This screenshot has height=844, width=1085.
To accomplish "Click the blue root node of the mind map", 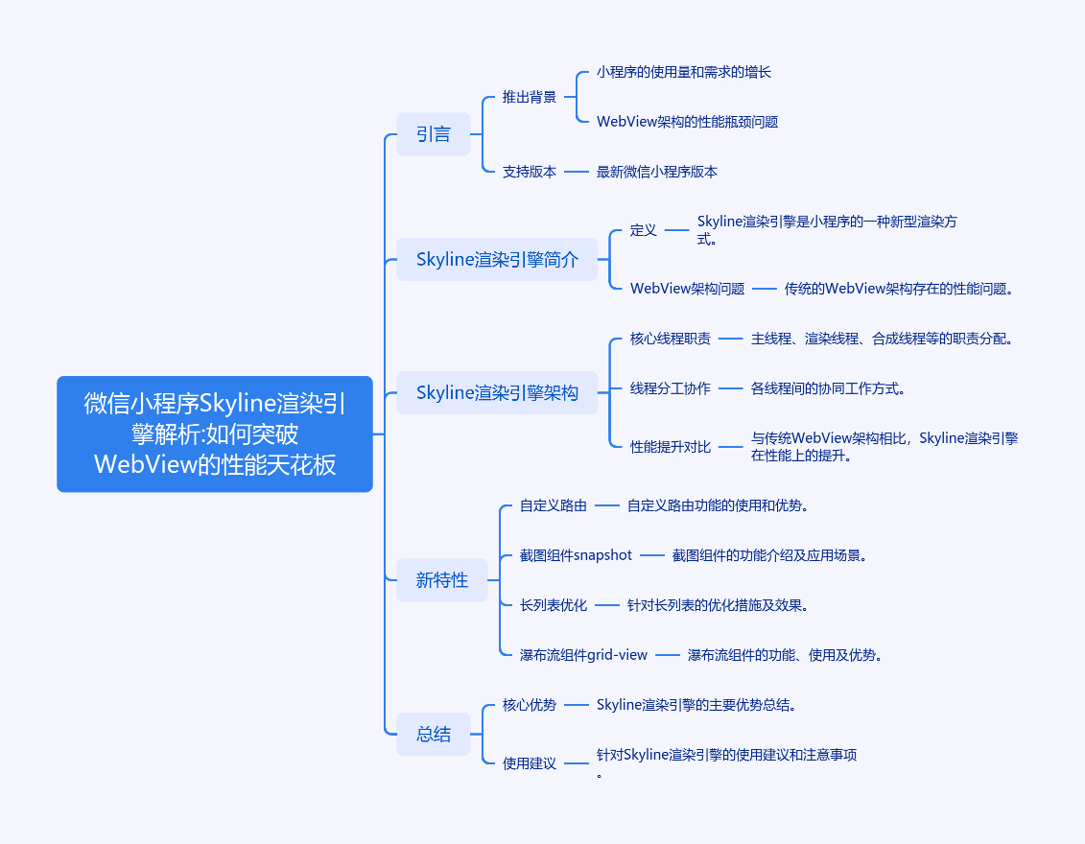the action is click(215, 434).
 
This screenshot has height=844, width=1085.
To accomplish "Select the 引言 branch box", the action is click(434, 134).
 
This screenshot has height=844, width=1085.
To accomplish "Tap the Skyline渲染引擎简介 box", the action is click(497, 259).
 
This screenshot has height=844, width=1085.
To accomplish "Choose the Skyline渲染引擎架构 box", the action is click(497, 392).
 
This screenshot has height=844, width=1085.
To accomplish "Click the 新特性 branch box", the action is click(442, 579).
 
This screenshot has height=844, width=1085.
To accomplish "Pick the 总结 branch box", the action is click(434, 734).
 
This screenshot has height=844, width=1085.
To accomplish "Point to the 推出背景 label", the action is click(530, 97).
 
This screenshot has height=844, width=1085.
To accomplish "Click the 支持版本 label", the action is click(530, 172).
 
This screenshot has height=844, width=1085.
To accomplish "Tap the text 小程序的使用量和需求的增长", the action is click(684, 72).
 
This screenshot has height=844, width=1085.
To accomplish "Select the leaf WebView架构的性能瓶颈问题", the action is click(687, 122).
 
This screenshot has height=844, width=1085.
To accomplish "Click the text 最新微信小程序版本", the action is click(657, 172).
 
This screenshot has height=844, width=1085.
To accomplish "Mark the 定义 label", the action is click(644, 229).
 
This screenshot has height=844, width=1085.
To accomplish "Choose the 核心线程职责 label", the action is click(671, 339).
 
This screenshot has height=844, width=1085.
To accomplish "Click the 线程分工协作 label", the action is click(671, 388).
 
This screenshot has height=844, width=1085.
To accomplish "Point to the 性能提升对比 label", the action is click(671, 447).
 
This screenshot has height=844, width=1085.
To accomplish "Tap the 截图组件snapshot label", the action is click(576, 554).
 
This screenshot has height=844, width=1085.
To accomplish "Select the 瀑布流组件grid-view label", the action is click(583, 654).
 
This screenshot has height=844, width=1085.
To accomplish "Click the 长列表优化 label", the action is click(554, 604).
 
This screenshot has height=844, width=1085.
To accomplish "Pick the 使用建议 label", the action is click(530, 763).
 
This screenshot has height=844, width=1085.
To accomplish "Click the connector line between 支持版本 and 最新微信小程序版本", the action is click(577, 172).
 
